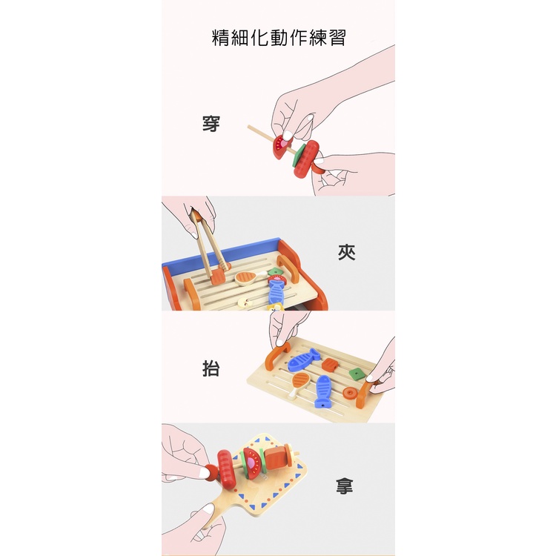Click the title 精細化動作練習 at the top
tap(279, 38)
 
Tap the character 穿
tap(211, 123)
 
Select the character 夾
tap(346, 252)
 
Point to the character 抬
tap(211, 368)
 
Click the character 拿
tap(345, 486)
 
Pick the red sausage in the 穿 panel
tap(306, 159)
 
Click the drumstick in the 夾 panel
tap(248, 278)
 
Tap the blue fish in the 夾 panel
tap(276, 291)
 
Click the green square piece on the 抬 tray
tap(355, 374)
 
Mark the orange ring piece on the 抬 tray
tap(351, 393)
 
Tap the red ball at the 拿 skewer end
tap(212, 473)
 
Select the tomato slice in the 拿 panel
tap(253, 463)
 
